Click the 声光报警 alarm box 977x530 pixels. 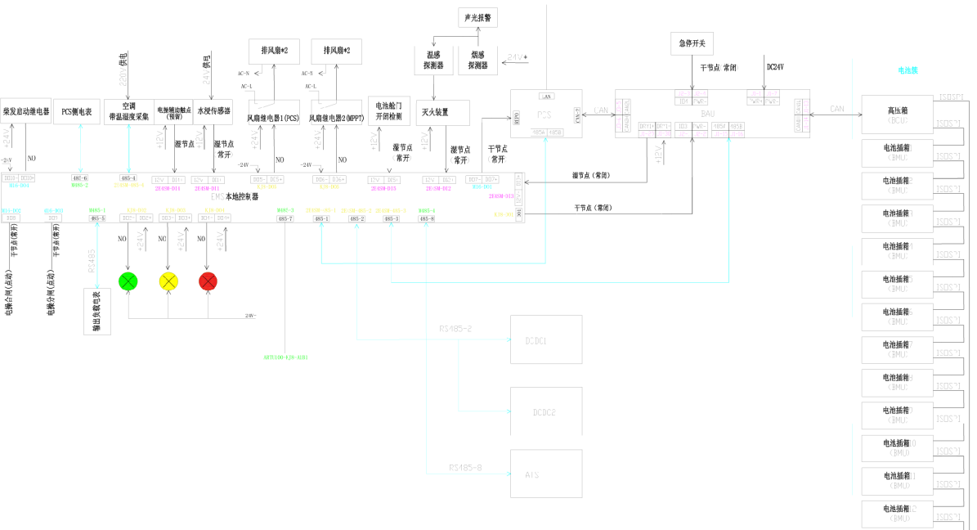coord(476,17)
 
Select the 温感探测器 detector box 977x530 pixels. coord(434,59)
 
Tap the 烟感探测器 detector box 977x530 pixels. coord(477,59)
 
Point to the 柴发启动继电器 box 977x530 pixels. coord(26,111)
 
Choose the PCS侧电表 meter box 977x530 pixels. coord(77,111)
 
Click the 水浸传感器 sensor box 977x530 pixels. coord(214,111)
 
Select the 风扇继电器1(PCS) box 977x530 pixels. coord(274,118)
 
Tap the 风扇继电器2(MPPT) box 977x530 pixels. coord(336,118)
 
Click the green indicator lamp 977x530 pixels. coord(128,281)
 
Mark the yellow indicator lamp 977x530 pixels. coord(168,281)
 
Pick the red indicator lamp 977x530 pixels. coord(208,281)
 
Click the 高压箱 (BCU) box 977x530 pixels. coord(897,115)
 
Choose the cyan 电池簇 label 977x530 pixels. coord(908,71)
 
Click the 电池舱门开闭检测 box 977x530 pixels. coord(388,111)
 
